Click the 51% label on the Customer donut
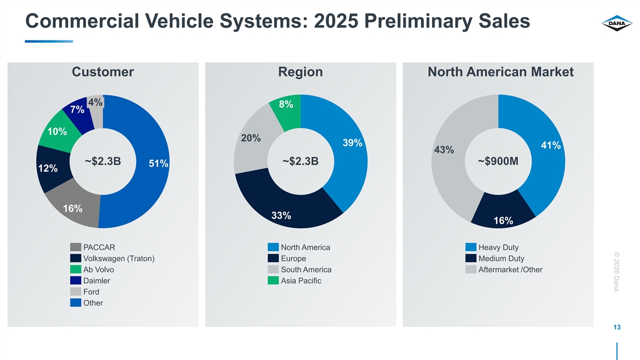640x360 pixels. click(158, 164)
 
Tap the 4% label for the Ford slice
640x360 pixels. click(95, 102)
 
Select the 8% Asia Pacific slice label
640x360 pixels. click(286, 105)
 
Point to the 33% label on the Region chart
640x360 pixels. click(281, 215)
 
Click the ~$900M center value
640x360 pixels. click(498, 161)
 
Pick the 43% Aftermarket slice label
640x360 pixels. click(444, 150)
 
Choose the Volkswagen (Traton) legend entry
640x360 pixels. click(119, 259)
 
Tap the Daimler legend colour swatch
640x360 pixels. click(76, 281)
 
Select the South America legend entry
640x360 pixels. click(306, 270)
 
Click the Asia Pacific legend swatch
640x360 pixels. click(274, 281)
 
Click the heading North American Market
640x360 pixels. click(500, 72)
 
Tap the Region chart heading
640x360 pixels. click(300, 72)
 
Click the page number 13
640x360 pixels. click(618, 327)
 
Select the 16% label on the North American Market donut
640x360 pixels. click(503, 221)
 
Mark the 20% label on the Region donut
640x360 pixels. click(251, 138)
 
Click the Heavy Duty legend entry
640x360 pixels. click(498, 247)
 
